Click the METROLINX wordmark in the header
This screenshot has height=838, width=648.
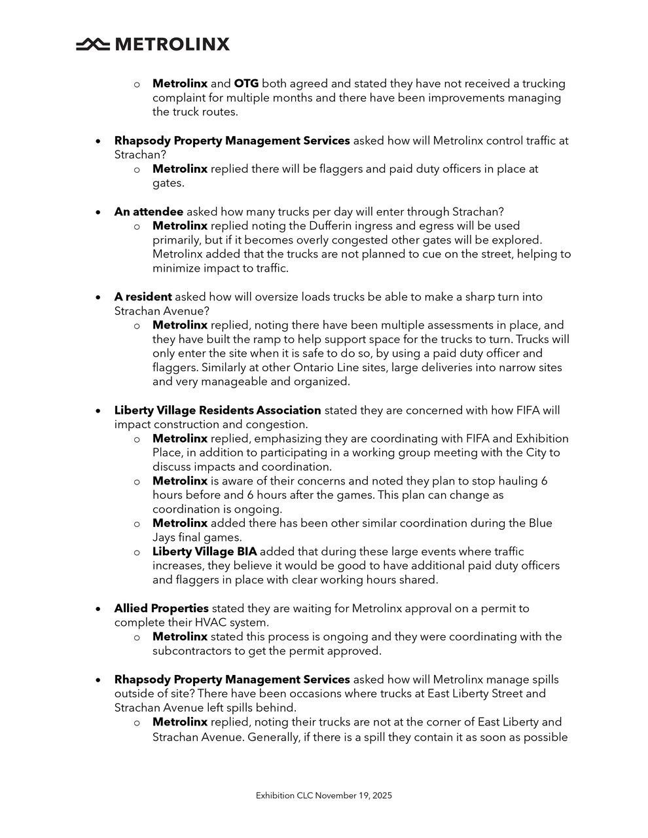[x=172, y=45]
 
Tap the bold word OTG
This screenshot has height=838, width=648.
[x=246, y=84]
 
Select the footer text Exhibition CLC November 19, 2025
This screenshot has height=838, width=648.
[x=324, y=795]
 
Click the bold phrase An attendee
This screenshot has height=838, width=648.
[x=149, y=211]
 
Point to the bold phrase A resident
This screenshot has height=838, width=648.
[x=143, y=297]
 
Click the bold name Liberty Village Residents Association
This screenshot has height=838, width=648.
[x=217, y=410]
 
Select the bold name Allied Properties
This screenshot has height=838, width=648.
[x=161, y=608]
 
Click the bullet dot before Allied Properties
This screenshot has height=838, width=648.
[x=98, y=609]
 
